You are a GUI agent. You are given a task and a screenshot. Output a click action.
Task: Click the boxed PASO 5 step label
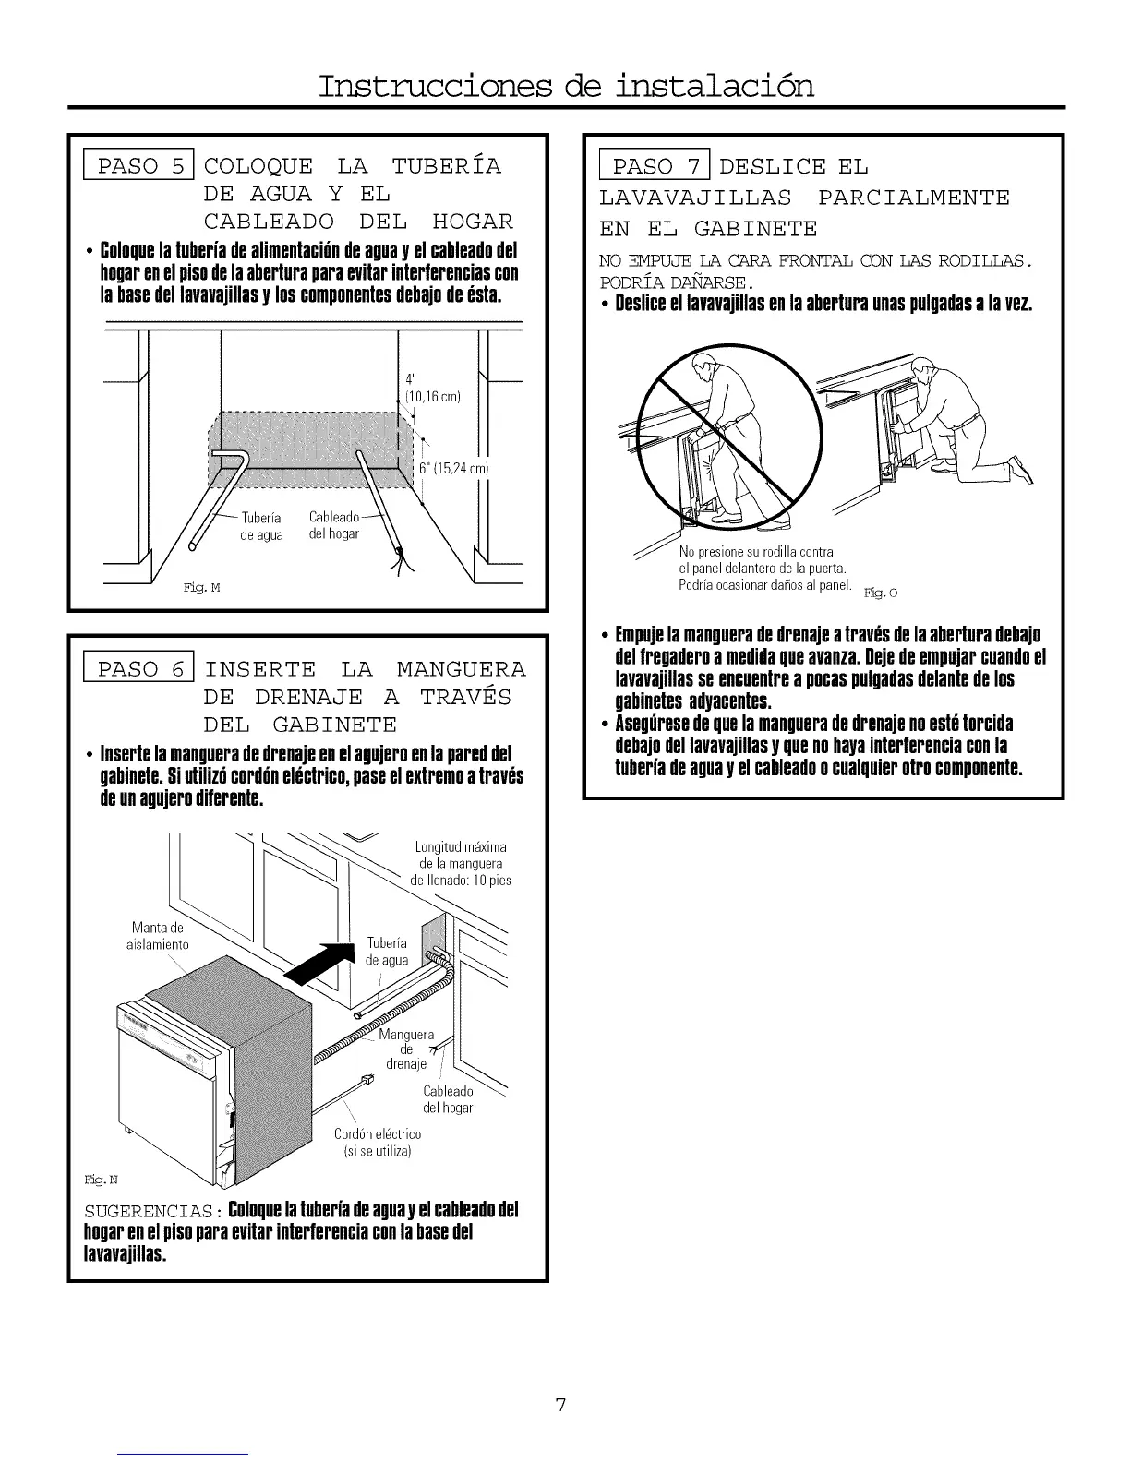tap(138, 166)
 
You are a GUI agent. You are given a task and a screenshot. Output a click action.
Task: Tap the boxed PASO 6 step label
tap(138, 668)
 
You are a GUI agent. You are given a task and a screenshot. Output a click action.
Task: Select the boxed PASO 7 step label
tap(655, 166)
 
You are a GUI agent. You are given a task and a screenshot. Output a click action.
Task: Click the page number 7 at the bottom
tap(559, 1406)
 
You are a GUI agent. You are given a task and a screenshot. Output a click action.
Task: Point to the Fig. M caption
tap(202, 588)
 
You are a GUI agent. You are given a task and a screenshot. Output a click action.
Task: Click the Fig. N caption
tap(102, 1180)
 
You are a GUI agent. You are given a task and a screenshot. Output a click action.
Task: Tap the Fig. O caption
tap(880, 593)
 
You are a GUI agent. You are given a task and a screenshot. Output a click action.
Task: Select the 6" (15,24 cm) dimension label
tap(453, 469)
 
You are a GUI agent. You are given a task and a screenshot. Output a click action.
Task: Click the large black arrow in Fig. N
tap(319, 961)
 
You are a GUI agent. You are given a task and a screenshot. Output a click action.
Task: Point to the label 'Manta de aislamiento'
tap(158, 936)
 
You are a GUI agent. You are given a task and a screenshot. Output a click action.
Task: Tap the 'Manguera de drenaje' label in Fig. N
tap(406, 1049)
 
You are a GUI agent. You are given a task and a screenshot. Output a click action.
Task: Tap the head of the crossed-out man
tap(702, 370)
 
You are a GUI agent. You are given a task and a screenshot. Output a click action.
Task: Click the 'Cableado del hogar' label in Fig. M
tap(334, 525)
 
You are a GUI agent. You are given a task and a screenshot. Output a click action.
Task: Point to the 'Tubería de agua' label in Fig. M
tap(261, 526)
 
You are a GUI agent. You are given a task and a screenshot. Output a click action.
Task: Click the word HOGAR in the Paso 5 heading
tap(473, 222)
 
